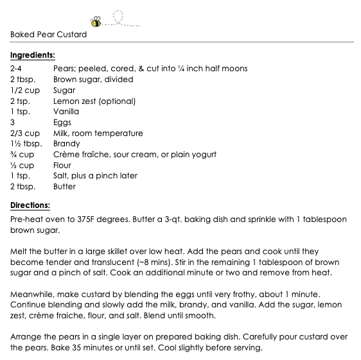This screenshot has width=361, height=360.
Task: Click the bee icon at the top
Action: pos(96,22)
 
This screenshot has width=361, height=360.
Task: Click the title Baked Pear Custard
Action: pos(48,35)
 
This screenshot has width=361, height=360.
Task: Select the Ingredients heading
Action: pos(32,55)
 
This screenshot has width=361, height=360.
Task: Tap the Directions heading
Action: pos(30,206)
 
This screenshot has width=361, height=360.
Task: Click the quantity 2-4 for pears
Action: pos(17,69)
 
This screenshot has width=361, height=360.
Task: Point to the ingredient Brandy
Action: pos(67,144)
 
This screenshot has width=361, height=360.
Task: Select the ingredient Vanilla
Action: pos(66,112)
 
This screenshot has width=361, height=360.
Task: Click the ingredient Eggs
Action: pos(62,123)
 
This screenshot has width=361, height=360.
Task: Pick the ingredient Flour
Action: pos(62,165)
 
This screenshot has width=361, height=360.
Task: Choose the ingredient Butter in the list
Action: pos(64,187)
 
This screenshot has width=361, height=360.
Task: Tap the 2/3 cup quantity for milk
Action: pos(25,133)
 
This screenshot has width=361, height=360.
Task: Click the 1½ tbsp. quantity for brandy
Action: pos(26,144)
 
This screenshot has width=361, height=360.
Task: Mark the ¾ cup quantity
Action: pos(22,155)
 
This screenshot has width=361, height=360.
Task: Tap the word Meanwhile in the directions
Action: pos(33,295)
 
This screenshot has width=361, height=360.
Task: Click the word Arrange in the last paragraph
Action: pos(26,338)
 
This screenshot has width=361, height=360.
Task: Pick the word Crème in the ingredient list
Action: pos(67,155)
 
